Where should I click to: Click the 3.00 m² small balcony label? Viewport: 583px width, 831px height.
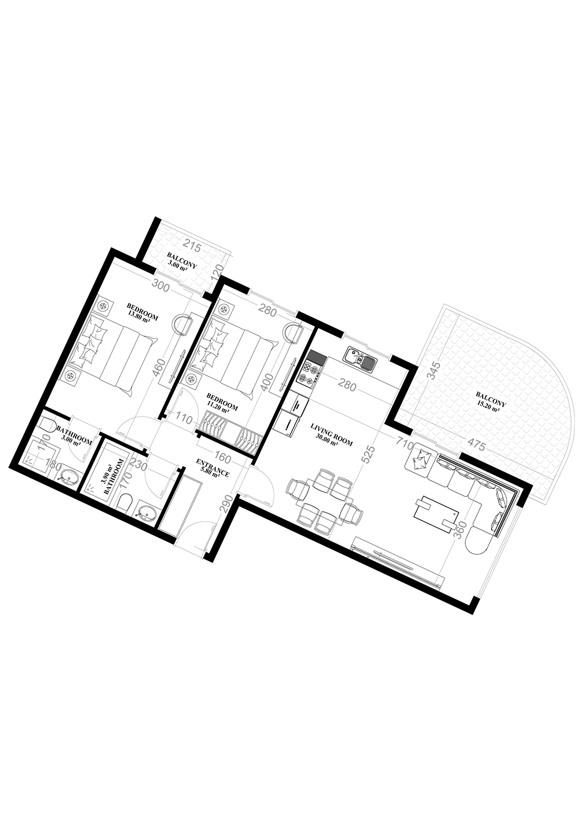coord(181,262)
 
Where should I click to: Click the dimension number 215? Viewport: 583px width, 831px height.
coord(192,248)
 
